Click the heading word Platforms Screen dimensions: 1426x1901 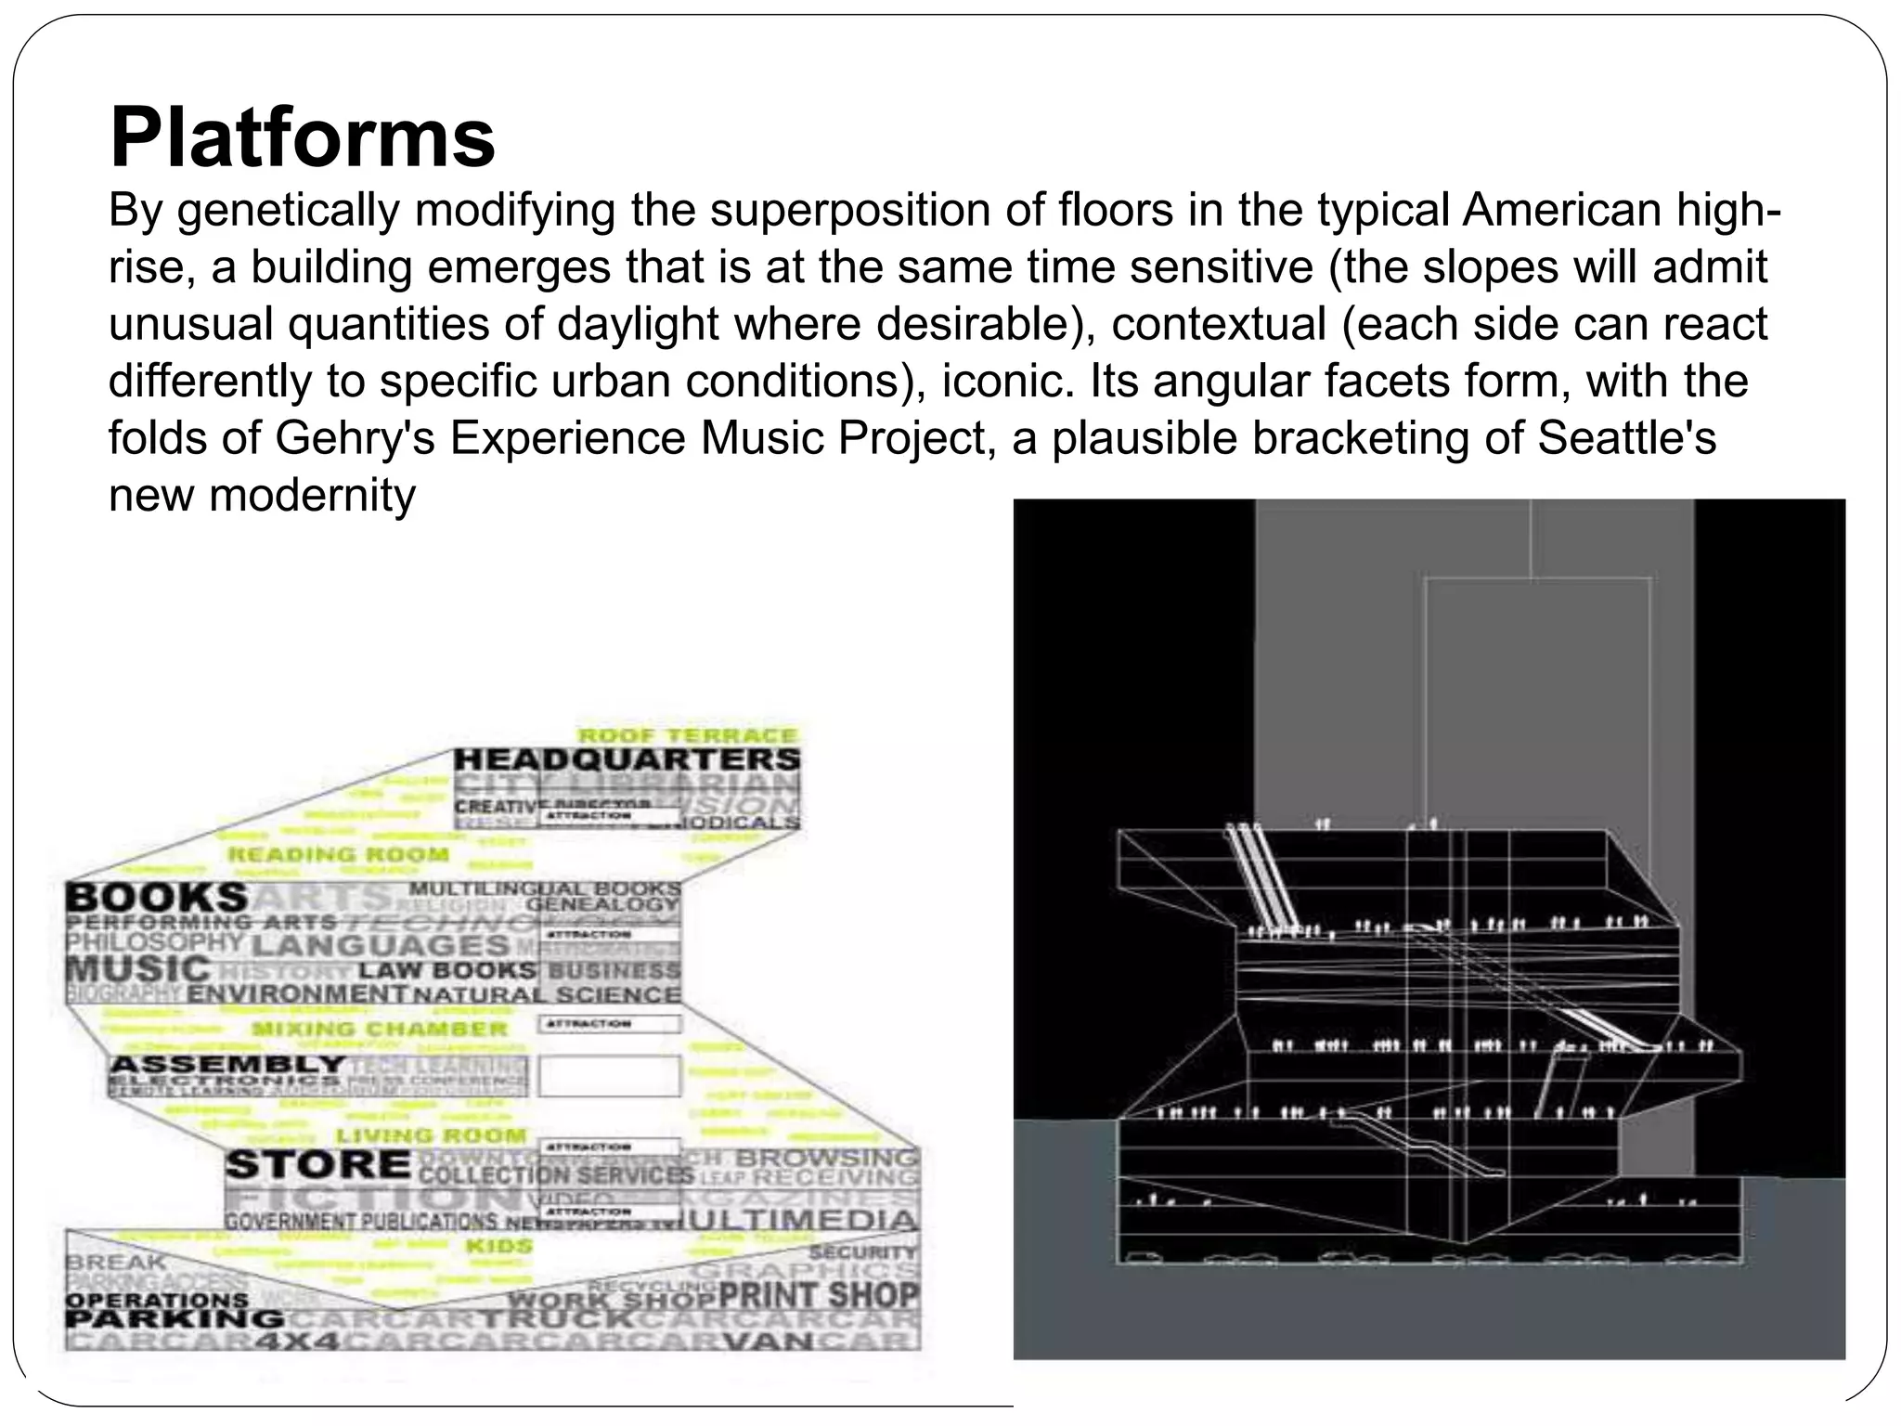point(303,137)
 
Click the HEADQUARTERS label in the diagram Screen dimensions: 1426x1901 point(627,759)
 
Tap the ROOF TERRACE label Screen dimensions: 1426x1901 point(688,735)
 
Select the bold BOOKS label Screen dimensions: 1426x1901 point(157,898)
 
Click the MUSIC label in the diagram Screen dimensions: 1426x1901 point(138,969)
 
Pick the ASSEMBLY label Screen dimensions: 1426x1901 point(227,1064)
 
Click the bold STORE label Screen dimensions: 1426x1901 point(318,1164)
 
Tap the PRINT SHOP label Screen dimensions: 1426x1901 point(819,1294)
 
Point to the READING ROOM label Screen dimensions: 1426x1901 point(339,854)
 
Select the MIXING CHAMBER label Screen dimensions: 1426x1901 point(380,1029)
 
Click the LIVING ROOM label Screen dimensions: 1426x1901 point(431,1135)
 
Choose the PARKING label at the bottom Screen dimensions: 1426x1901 point(174,1319)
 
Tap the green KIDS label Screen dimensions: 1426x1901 point(498,1246)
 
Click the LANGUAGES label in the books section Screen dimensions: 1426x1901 point(381,946)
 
